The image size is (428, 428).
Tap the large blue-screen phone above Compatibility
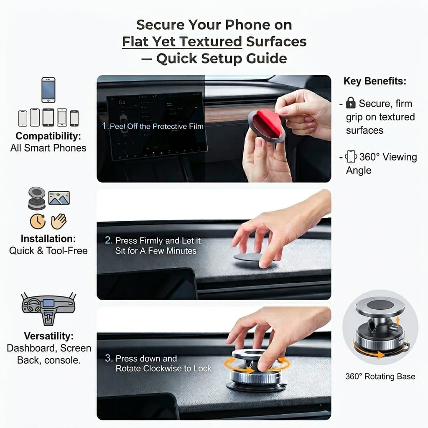[48, 90]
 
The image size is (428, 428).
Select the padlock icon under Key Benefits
[351, 103]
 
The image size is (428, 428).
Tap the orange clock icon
[38, 221]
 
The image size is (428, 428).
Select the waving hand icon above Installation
[59, 221]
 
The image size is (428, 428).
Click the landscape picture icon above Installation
[59, 198]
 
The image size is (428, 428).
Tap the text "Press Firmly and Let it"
[158, 241]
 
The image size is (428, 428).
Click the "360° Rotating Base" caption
[380, 377]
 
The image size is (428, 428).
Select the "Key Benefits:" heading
[374, 81]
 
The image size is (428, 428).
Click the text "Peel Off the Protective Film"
[157, 126]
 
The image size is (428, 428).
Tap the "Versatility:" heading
[48, 336]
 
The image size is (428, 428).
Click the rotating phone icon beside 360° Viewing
[351, 157]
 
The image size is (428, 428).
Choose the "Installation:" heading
[48, 239]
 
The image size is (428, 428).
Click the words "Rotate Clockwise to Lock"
[164, 369]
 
